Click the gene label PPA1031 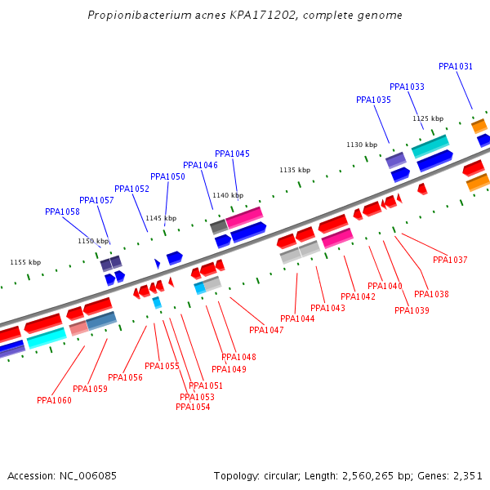pos(456,66)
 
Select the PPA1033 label pos(407,87)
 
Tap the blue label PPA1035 pos(373,100)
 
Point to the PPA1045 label pos(232,154)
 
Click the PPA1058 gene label pos(62,212)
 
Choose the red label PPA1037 pos(450,260)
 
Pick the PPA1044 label pos(297,318)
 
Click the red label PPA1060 pos(54,400)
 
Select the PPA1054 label pos(193,407)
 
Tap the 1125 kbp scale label pos(428,118)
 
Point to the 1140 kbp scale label pos(228,195)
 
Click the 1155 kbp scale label pos(25,262)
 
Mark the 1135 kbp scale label pos(295,170)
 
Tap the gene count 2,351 pos(469,475)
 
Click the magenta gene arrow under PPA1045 pos(244,217)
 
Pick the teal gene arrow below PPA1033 pos(430,146)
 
